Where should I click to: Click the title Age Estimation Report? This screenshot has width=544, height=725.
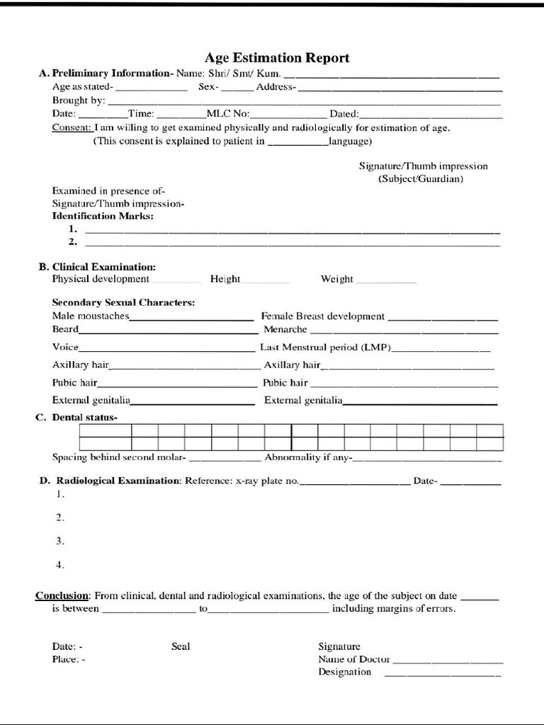click(277, 57)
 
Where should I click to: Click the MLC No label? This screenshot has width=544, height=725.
click(227, 114)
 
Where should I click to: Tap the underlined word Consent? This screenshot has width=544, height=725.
click(72, 128)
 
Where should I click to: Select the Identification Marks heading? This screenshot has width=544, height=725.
click(103, 216)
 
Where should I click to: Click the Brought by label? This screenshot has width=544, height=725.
click(79, 101)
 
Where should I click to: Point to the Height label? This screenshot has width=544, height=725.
click(225, 279)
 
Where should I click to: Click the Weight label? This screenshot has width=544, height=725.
click(336, 279)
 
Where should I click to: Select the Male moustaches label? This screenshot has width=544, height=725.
click(91, 316)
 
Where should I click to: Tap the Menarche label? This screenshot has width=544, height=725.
click(285, 329)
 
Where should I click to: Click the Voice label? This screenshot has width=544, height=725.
click(65, 348)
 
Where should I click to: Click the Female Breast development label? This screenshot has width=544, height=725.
click(323, 316)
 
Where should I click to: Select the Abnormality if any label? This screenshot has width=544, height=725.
click(307, 457)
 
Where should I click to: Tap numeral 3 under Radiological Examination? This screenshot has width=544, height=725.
click(60, 541)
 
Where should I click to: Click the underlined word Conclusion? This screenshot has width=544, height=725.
click(62, 595)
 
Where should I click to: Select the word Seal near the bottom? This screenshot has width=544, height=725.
click(181, 646)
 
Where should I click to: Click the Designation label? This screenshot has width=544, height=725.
click(344, 672)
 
